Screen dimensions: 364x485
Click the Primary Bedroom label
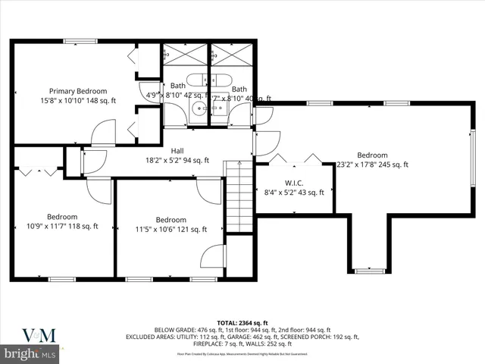pyautogui.click(x=79, y=90)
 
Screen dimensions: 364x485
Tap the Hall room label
pyautogui.click(x=177, y=150)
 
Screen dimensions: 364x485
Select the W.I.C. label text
pyautogui.click(x=294, y=182)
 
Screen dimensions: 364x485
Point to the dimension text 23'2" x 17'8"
pyautogui.click(x=371, y=165)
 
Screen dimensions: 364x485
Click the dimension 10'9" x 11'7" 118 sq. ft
pyautogui.click(x=63, y=225)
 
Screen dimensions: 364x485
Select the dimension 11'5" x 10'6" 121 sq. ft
pyautogui.click(x=171, y=230)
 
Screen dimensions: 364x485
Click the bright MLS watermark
pyautogui.click(x=30, y=353)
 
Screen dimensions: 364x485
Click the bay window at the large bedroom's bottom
pyautogui.click(x=370, y=269)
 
